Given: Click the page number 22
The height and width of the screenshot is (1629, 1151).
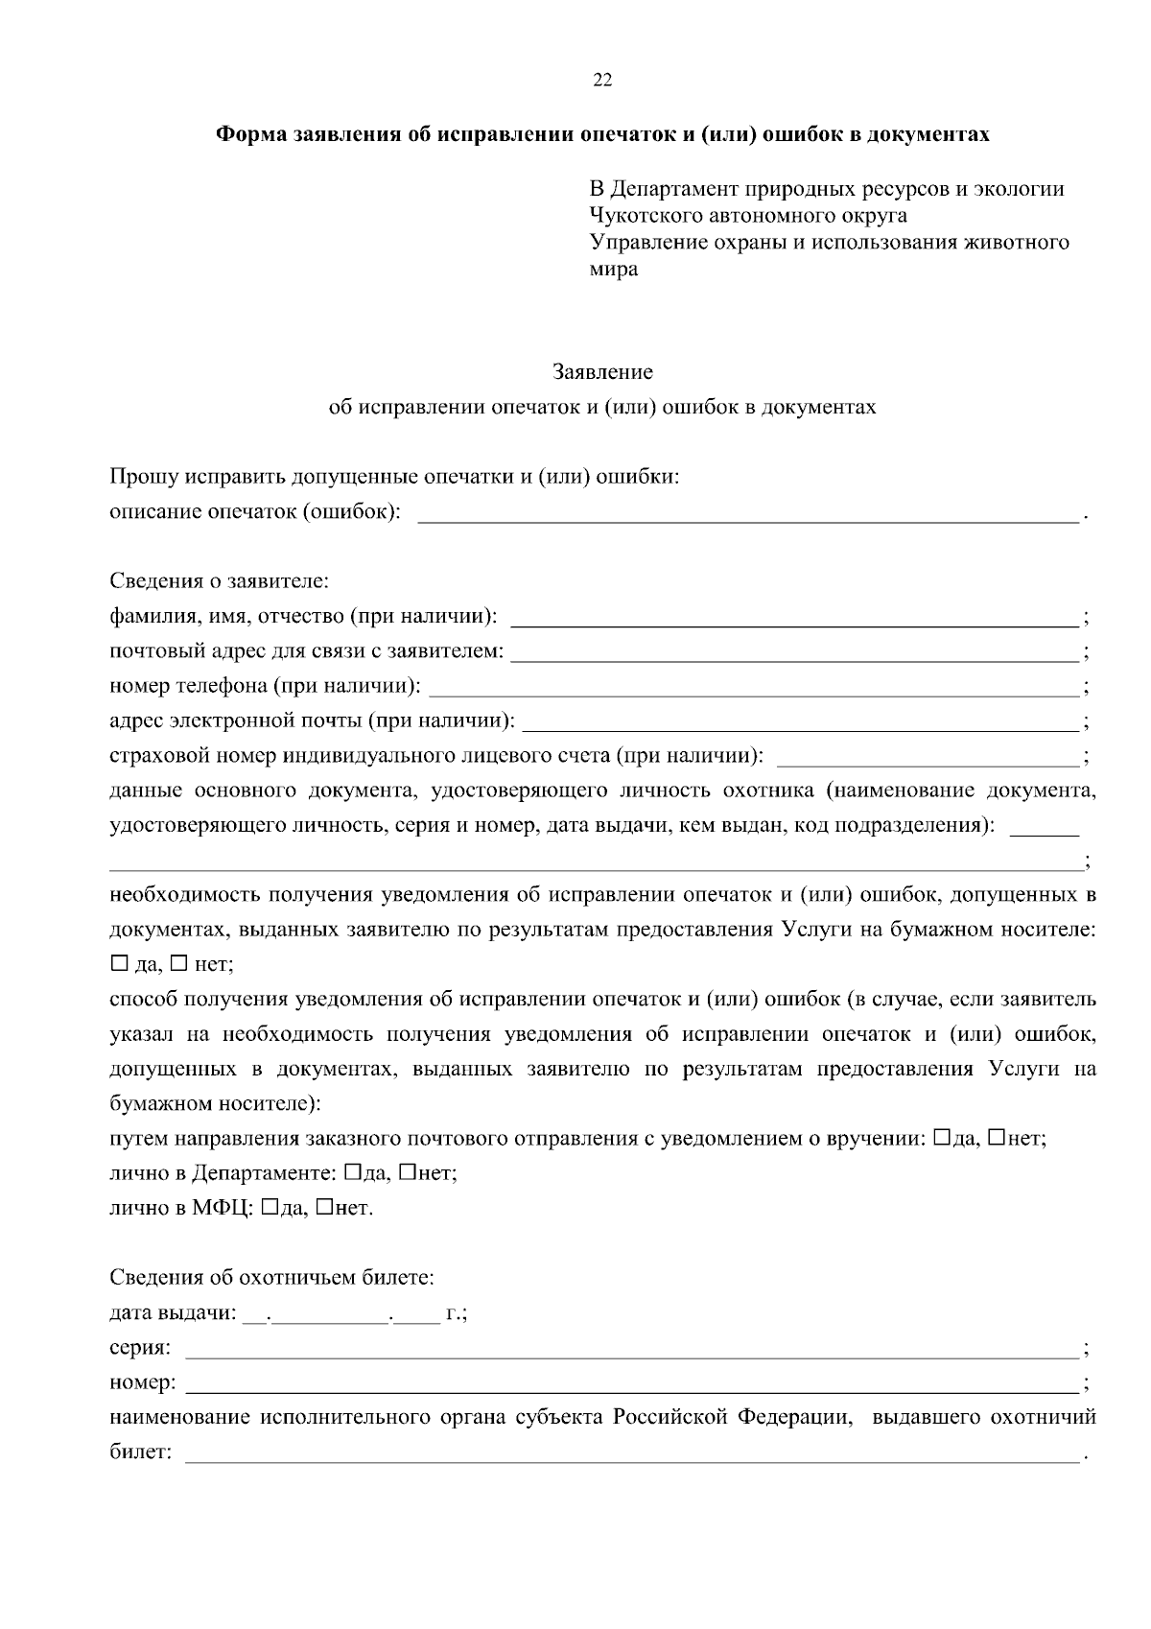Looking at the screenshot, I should (x=602, y=80).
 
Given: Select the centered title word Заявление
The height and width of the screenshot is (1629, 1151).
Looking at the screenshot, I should (x=602, y=371).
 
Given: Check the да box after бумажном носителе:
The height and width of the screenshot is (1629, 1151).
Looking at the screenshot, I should (x=119, y=963).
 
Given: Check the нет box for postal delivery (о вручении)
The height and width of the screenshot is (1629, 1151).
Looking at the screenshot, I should (x=997, y=1138).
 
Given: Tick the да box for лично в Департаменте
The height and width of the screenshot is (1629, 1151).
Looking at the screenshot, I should (x=352, y=1172).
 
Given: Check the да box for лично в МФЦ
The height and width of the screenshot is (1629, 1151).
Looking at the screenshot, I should (x=269, y=1207).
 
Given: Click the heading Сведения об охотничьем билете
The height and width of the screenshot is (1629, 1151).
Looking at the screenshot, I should (x=271, y=1278).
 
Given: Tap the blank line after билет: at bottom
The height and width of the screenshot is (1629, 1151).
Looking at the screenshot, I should (x=631, y=1456).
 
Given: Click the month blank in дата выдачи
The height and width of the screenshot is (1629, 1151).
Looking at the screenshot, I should (x=331, y=1316).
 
